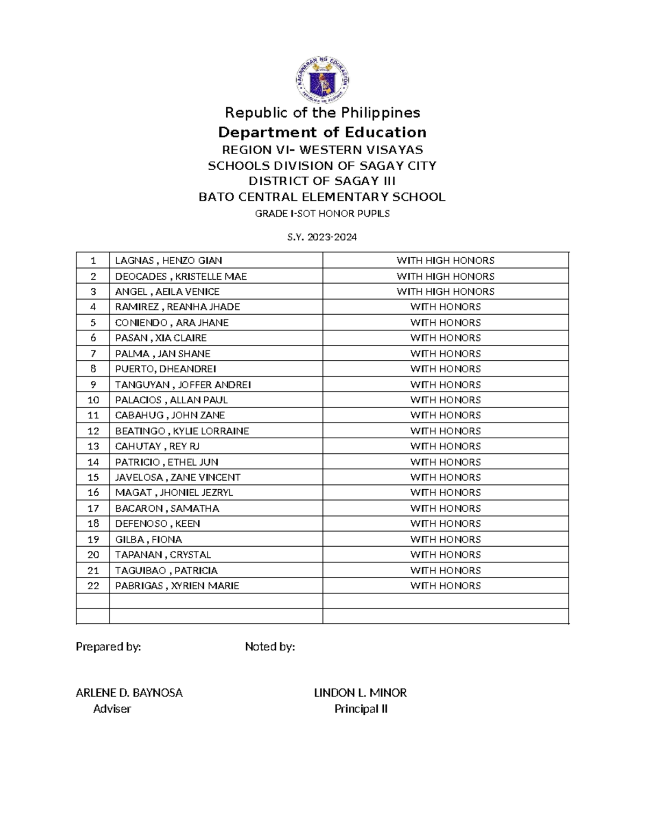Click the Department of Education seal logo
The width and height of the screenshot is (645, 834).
pyautogui.click(x=322, y=81)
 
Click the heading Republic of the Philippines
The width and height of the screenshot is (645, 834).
pyautogui.click(x=322, y=113)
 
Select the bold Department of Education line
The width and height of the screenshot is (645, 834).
pyautogui.click(x=322, y=132)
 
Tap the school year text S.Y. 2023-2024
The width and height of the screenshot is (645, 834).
pyautogui.click(x=322, y=237)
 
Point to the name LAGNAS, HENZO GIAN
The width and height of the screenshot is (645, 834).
pyautogui.click(x=168, y=260)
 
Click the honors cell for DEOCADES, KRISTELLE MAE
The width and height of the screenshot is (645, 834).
pyautogui.click(x=445, y=276)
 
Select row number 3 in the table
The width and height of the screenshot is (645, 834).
pyautogui.click(x=93, y=292)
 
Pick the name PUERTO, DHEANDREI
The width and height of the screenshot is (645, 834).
pyautogui.click(x=166, y=369)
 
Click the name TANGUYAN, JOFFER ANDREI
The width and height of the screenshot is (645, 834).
pyautogui.click(x=183, y=385)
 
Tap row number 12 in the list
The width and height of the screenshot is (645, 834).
pyautogui.click(x=93, y=431)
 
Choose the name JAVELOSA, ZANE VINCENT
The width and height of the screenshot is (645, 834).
pyautogui.click(x=177, y=477)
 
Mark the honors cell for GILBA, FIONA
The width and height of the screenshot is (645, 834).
pyautogui.click(x=445, y=539)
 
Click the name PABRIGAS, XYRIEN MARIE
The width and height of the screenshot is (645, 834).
pyautogui.click(x=177, y=585)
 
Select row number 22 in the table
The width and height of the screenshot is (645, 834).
pyautogui.click(x=93, y=585)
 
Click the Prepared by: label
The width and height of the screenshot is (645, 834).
pyautogui.click(x=108, y=647)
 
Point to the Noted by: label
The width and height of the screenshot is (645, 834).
pyautogui.click(x=270, y=647)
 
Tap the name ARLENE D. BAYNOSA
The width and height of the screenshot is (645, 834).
pyautogui.click(x=129, y=693)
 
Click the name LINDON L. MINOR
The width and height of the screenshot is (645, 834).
pyautogui.click(x=360, y=693)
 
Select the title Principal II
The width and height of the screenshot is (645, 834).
pyautogui.click(x=361, y=709)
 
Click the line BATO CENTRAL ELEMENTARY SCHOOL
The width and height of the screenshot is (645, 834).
pyautogui.click(x=322, y=197)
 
